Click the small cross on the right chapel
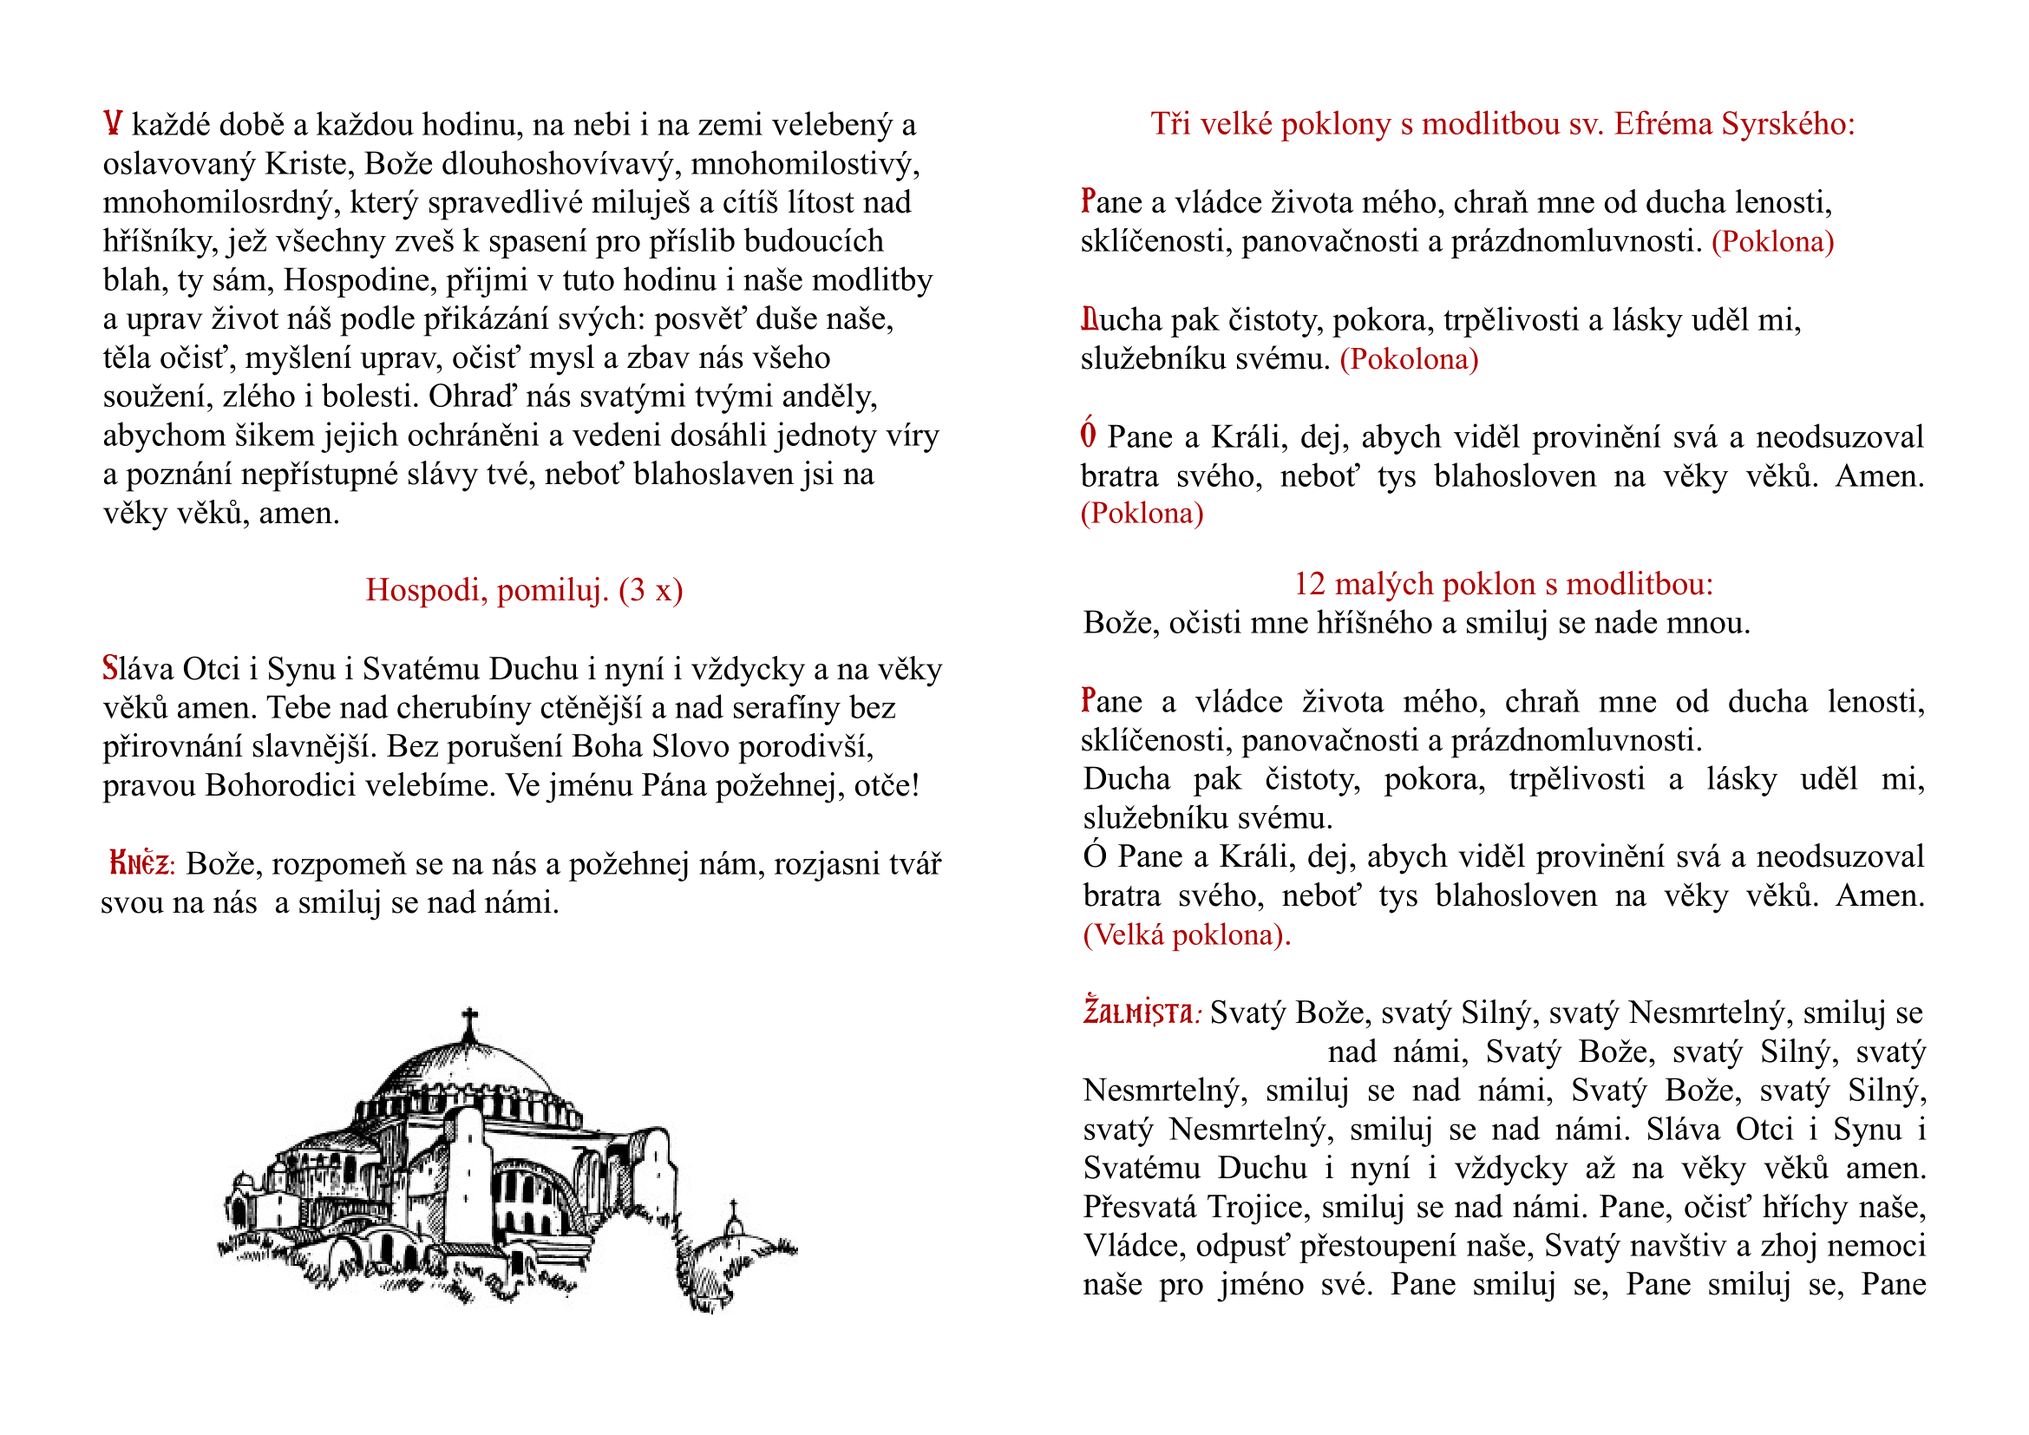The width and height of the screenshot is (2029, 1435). [733, 1208]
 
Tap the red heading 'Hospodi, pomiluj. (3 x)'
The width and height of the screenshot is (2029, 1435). [524, 590]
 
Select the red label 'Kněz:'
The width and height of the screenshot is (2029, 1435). [142, 863]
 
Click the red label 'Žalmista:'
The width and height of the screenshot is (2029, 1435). [1141, 1012]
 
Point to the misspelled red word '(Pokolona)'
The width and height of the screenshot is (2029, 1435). [1409, 360]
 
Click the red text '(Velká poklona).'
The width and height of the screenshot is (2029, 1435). [1187, 935]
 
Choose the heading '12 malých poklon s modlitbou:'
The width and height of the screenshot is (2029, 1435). [1503, 584]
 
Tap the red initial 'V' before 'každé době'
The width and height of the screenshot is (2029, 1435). [112, 124]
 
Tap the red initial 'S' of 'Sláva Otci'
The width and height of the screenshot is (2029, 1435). [110, 669]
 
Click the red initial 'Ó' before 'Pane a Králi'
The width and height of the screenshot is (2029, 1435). [1089, 436]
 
